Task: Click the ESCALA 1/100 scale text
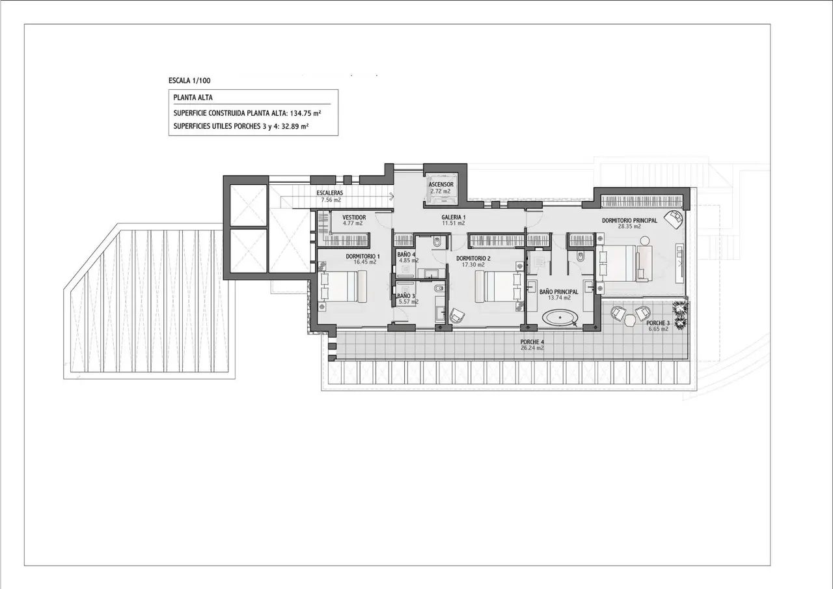[x=189, y=80]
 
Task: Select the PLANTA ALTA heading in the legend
[x=193, y=98]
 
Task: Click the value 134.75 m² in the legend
[x=305, y=113]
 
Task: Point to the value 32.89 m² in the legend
[x=295, y=126]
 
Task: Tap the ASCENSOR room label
[x=441, y=184]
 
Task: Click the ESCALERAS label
[x=330, y=193]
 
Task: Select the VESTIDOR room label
[x=354, y=217]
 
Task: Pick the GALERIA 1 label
[x=454, y=217]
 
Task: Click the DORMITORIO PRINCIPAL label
[x=629, y=221]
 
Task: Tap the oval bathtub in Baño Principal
[x=560, y=318]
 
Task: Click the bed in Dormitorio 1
[x=342, y=286]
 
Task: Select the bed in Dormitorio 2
[x=498, y=286]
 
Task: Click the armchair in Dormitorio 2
[x=457, y=316]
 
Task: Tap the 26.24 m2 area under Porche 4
[x=532, y=348]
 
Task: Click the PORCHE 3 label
[x=658, y=323]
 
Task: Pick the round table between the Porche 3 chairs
[x=631, y=320]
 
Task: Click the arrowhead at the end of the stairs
[x=392, y=194]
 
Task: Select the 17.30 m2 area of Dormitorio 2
[x=473, y=265]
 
